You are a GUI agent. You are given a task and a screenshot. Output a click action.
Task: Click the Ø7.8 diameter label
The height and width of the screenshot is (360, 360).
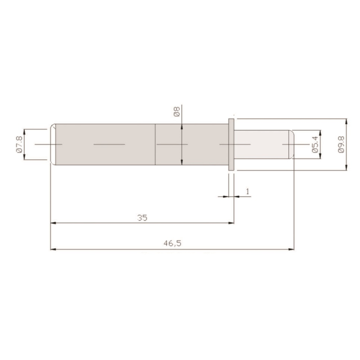click(x=19, y=144)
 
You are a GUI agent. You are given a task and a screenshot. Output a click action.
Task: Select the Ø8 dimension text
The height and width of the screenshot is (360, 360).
click(x=177, y=112)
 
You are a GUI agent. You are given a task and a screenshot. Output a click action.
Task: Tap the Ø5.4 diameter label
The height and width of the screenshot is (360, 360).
click(x=315, y=144)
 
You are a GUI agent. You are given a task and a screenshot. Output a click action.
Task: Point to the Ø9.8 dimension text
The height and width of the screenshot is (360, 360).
click(x=341, y=144)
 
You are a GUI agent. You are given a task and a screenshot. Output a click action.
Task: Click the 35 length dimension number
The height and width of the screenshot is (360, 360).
click(x=142, y=218)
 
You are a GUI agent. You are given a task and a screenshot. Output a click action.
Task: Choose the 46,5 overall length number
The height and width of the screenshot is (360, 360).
click(x=172, y=243)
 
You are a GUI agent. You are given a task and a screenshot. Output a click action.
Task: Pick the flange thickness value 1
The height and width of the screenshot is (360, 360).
click(x=247, y=191)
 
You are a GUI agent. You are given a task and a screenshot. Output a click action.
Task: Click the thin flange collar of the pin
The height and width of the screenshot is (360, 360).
click(x=231, y=144)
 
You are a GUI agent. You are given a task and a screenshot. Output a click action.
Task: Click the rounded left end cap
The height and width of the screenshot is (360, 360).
click(x=53, y=144)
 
